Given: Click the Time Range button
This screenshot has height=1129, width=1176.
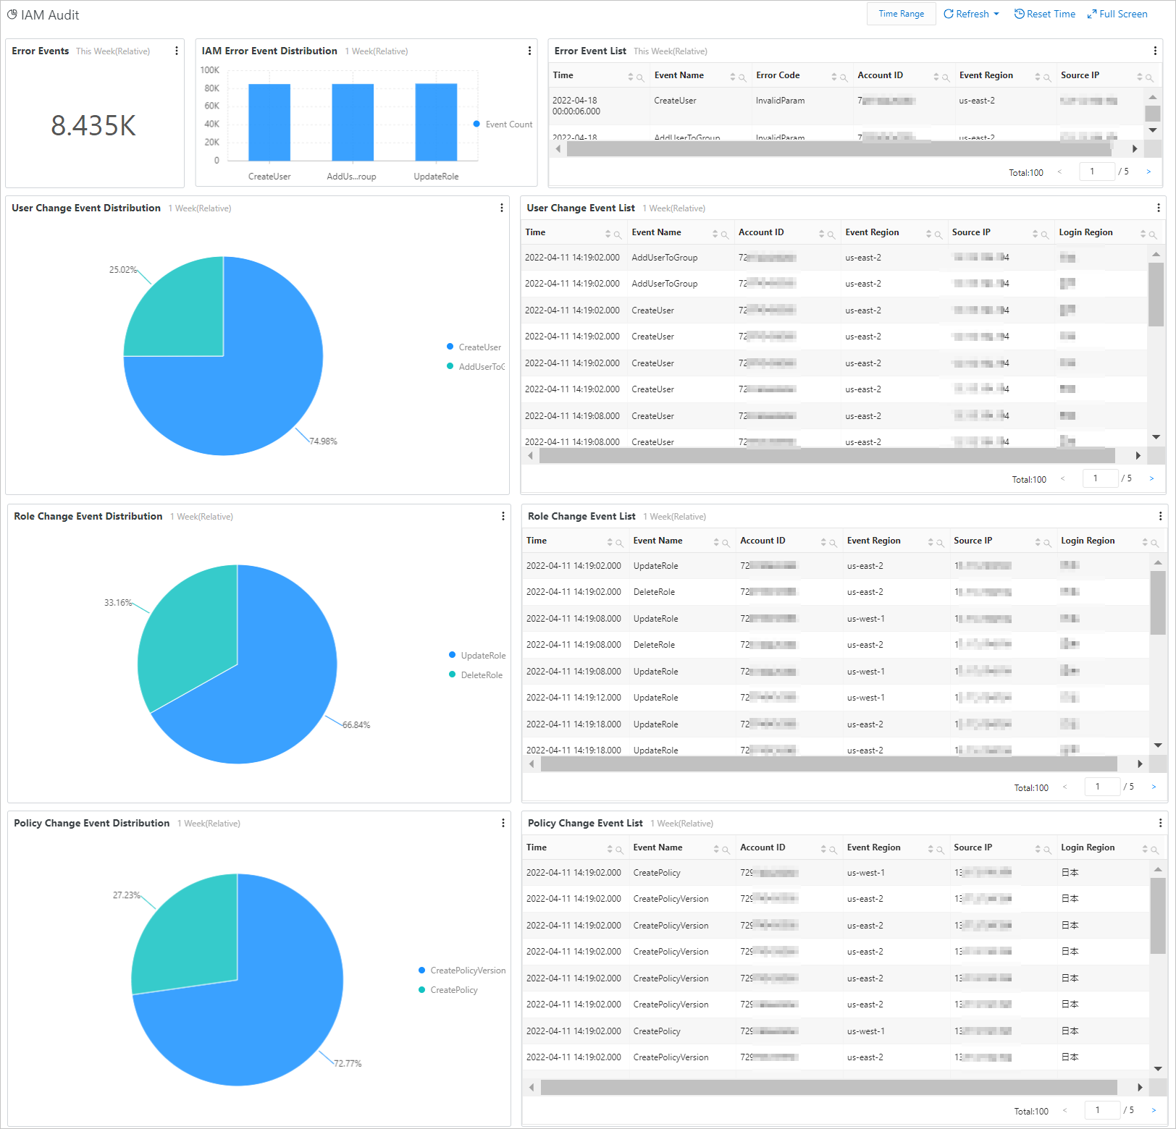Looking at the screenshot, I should pyautogui.click(x=901, y=14).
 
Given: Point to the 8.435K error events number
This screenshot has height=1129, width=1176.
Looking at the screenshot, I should pyautogui.click(x=93, y=126).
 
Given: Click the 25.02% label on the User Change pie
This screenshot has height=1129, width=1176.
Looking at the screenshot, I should pyautogui.click(x=122, y=270).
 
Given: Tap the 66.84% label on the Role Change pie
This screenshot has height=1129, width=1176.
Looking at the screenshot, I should pyautogui.click(x=356, y=725).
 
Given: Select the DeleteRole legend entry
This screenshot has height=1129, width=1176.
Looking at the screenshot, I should pyautogui.click(x=481, y=675).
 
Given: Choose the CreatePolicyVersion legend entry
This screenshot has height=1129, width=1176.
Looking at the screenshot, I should pyautogui.click(x=467, y=971).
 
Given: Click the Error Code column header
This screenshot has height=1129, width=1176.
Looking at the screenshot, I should pyautogui.click(x=778, y=75).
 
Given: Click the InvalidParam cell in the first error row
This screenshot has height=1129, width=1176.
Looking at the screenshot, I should pyautogui.click(x=780, y=101).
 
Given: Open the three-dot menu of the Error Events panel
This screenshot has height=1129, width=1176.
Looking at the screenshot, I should pyautogui.click(x=177, y=51).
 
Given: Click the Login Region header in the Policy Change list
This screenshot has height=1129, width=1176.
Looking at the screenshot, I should pyautogui.click(x=1088, y=847).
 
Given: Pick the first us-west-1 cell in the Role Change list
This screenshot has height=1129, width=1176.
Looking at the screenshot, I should pyautogui.click(x=865, y=619).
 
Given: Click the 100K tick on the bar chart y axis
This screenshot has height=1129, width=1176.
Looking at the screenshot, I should pyautogui.click(x=209, y=70).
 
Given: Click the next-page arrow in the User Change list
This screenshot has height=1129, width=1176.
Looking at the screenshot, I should pyautogui.click(x=1151, y=478).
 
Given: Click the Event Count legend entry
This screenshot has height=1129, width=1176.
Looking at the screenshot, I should pyautogui.click(x=508, y=124).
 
